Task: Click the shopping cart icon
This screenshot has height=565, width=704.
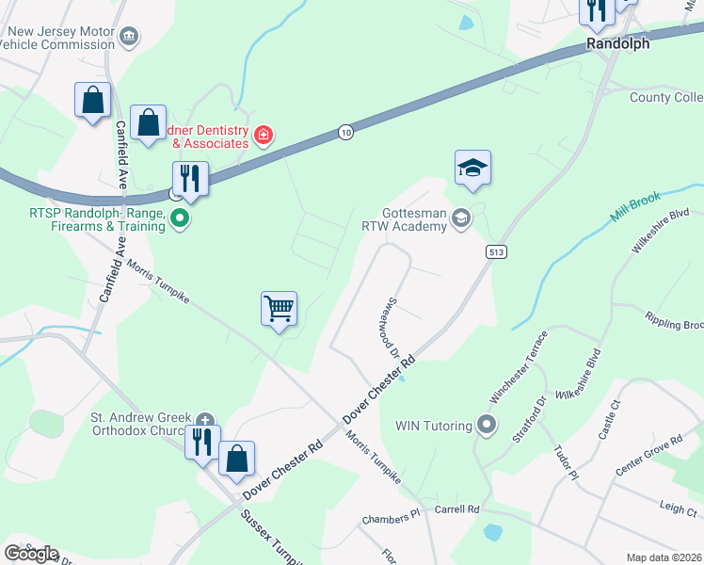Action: [280, 308]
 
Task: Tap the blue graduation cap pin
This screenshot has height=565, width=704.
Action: [473, 168]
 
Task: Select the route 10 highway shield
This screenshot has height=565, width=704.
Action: [346, 133]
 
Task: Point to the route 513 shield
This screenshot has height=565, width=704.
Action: [498, 251]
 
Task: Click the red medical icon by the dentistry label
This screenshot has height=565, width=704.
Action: [264, 136]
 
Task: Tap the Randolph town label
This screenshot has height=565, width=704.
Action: [618, 43]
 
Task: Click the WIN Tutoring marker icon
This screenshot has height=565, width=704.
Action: [487, 425]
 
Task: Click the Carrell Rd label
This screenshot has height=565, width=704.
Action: [457, 509]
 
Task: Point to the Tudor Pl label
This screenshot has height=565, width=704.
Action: [566, 462]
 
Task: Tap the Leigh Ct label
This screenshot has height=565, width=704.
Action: [678, 508]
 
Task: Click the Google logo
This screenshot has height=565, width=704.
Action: [31, 554]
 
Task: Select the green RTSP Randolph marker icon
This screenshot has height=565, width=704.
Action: [180, 219]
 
